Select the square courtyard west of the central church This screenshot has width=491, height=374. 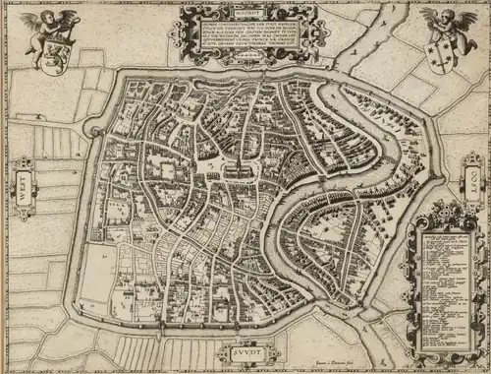[212, 173]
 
